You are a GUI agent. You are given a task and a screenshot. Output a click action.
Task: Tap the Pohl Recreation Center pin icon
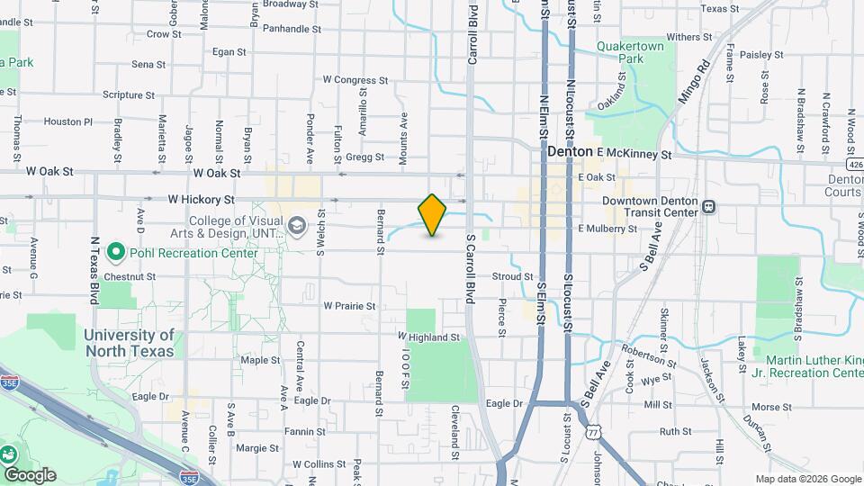pyautogui.click(x=114, y=252)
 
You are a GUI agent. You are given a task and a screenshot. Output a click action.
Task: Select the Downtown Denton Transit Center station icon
pyautogui.click(x=709, y=206)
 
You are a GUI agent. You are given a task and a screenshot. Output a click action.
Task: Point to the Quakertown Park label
pyautogui.click(x=630, y=52)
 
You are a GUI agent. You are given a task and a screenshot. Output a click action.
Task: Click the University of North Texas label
pyautogui.click(x=130, y=343)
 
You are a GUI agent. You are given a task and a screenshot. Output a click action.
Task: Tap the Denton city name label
pyautogui.click(x=570, y=153)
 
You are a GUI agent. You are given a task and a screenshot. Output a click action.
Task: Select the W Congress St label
pyautogui.click(x=355, y=80)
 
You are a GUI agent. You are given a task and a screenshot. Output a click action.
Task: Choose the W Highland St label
pyautogui.click(x=429, y=337)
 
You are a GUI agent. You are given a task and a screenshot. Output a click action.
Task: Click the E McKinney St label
pyautogui.click(x=634, y=154)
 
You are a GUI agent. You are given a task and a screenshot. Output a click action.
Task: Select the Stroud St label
pyautogui.click(x=513, y=276)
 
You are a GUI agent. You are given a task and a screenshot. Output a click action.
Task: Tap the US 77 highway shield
pyautogui.click(x=593, y=433)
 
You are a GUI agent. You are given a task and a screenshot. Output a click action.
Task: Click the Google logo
pyautogui.click(x=30, y=475)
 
